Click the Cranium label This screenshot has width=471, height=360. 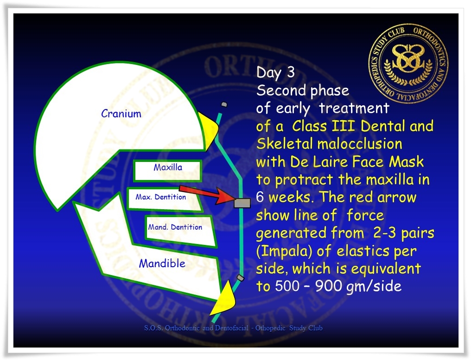[121, 114]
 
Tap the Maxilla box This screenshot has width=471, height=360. [168, 171]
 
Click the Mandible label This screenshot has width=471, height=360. [162, 264]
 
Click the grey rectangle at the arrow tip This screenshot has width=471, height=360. [242, 203]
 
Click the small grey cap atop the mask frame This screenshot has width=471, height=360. [224, 104]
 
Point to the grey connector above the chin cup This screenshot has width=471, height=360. [240, 277]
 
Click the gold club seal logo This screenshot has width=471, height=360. [408, 64]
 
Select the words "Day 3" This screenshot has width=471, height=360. [275, 72]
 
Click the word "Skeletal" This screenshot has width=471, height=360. [285, 144]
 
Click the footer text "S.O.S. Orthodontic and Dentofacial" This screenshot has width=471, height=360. [196, 328]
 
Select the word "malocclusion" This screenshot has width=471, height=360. [360, 144]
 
